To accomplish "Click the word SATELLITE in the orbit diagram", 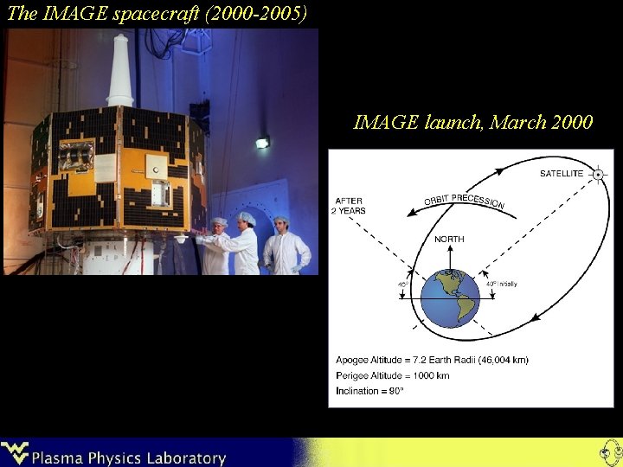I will [562, 174].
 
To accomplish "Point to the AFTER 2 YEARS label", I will [350, 206].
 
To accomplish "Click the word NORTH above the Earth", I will [449, 239].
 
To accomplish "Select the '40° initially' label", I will [501, 285].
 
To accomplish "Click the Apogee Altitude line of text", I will [432, 360].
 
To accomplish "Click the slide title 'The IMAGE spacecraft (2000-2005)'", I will [157, 13].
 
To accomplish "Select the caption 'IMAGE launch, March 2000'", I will [473, 122].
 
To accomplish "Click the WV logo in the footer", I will [16, 453].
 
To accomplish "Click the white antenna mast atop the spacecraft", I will [120, 69].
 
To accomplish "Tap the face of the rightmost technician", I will [280, 227].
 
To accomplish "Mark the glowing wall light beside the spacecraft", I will [262, 142].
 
